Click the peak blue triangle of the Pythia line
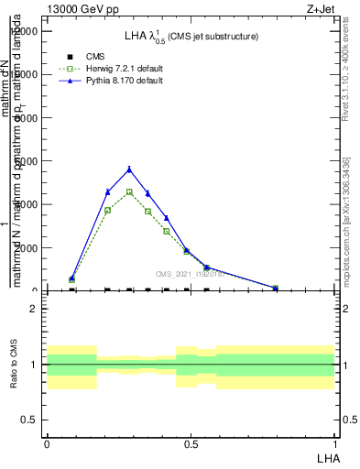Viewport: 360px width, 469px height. [x=129, y=169]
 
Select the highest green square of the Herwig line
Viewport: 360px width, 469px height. [x=129, y=191]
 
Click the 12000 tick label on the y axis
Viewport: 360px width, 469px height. [x=25, y=30]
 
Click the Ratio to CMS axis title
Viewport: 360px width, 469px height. [x=14, y=365]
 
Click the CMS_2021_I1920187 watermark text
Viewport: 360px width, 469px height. [x=190, y=273]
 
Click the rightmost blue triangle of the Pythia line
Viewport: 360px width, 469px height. [x=275, y=288]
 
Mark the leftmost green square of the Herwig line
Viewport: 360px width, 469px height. [x=72, y=279]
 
